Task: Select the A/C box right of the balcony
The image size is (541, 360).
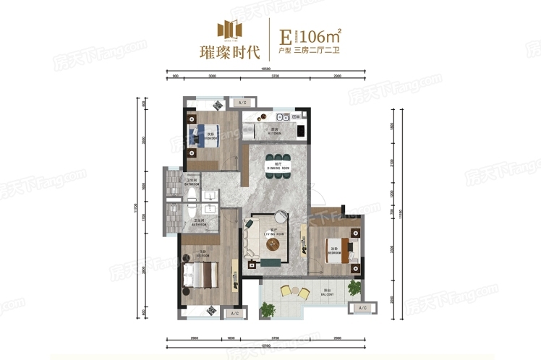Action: (358, 309)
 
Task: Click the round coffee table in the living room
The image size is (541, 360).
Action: (273, 245)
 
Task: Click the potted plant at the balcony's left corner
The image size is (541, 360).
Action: (268, 309)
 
